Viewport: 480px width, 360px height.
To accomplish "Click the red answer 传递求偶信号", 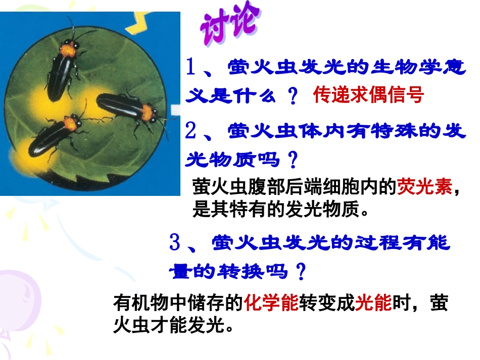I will coord(368,94).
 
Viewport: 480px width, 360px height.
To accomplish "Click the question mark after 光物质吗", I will coord(292,161).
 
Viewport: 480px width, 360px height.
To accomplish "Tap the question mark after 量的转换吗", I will coord(301,273).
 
